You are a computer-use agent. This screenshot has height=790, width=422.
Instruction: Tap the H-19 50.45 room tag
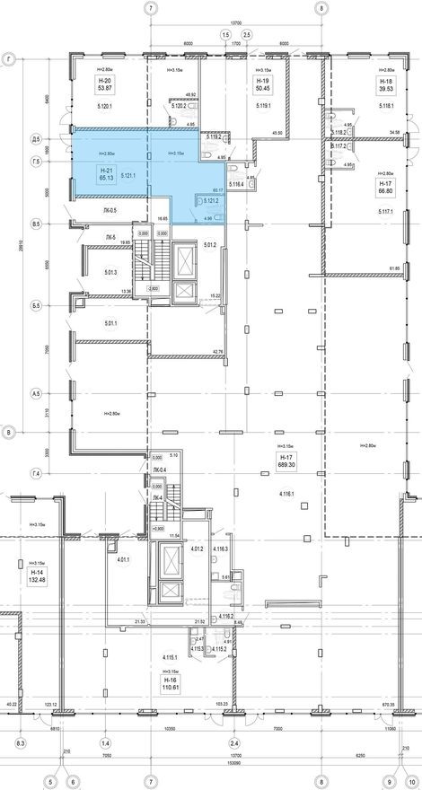(263, 85)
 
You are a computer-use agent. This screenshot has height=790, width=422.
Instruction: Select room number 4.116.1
(287, 495)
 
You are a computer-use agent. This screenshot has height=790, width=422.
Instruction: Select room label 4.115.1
(169, 657)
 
